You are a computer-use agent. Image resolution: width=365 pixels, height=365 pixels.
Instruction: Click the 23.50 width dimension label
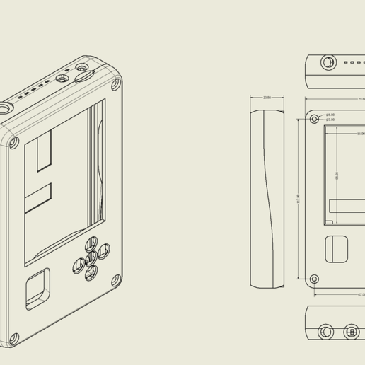coord(267,98)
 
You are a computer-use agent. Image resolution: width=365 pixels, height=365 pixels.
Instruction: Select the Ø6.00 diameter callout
coord(330,115)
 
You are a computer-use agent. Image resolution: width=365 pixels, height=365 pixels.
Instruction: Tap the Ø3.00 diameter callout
coord(330,120)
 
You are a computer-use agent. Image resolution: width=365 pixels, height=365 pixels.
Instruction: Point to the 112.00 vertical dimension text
coord(298,199)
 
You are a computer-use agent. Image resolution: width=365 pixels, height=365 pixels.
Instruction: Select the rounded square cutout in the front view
coord(336,249)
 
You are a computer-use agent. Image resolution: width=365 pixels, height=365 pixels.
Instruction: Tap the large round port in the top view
coord(328,62)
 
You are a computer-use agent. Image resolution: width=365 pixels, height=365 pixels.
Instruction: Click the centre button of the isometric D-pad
coord(91,259)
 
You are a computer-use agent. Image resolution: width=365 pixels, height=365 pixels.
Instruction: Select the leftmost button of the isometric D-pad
coord(77,267)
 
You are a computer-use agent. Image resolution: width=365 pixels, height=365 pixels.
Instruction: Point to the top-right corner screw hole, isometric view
coord(116,86)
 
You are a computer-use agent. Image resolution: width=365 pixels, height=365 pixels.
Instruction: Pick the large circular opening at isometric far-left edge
coord(5,110)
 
